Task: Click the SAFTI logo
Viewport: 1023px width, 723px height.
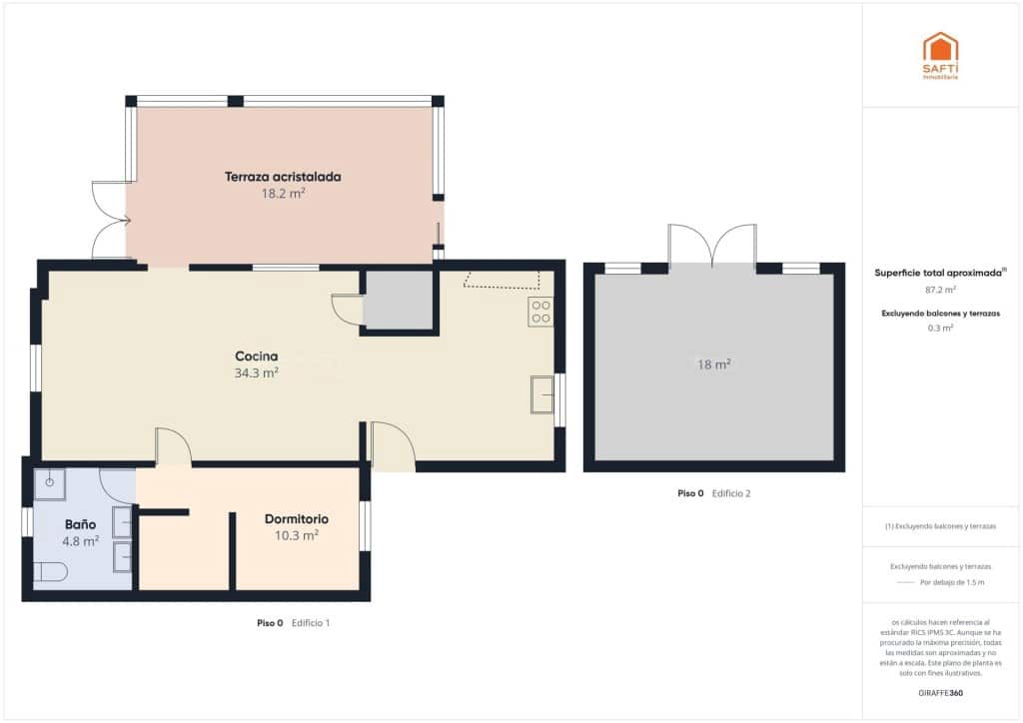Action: (940, 55)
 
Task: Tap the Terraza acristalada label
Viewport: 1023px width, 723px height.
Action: (283, 177)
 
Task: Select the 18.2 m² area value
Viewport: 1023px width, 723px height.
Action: (283, 194)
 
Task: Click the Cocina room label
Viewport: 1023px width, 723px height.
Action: (256, 356)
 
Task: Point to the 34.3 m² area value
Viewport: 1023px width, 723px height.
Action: (256, 372)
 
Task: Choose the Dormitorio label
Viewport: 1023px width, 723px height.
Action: (297, 519)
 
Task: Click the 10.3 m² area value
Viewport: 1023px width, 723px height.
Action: (297, 535)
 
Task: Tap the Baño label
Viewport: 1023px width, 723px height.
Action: (80, 524)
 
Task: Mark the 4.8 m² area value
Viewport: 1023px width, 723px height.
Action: (80, 541)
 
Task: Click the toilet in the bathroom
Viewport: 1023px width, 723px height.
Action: (50, 572)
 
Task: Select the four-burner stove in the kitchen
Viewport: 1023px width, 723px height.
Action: (540, 312)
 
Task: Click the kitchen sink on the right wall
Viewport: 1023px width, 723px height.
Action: (542, 394)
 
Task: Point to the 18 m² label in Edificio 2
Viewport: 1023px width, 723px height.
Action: (713, 364)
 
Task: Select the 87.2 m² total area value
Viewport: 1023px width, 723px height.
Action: (940, 290)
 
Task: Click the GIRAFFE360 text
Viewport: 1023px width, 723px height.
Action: (940, 692)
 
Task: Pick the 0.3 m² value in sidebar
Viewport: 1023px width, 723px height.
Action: (940, 328)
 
